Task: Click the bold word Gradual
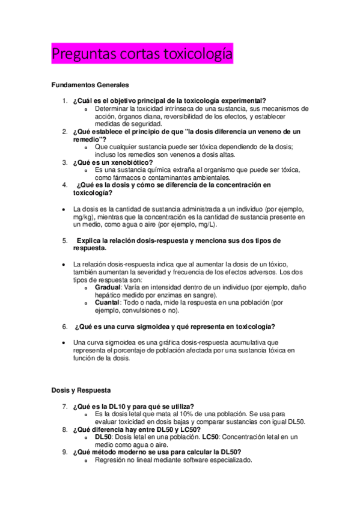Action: [108, 287]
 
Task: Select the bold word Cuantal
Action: [107, 303]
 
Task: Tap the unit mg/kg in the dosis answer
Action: [83, 217]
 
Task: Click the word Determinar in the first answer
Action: [112, 108]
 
